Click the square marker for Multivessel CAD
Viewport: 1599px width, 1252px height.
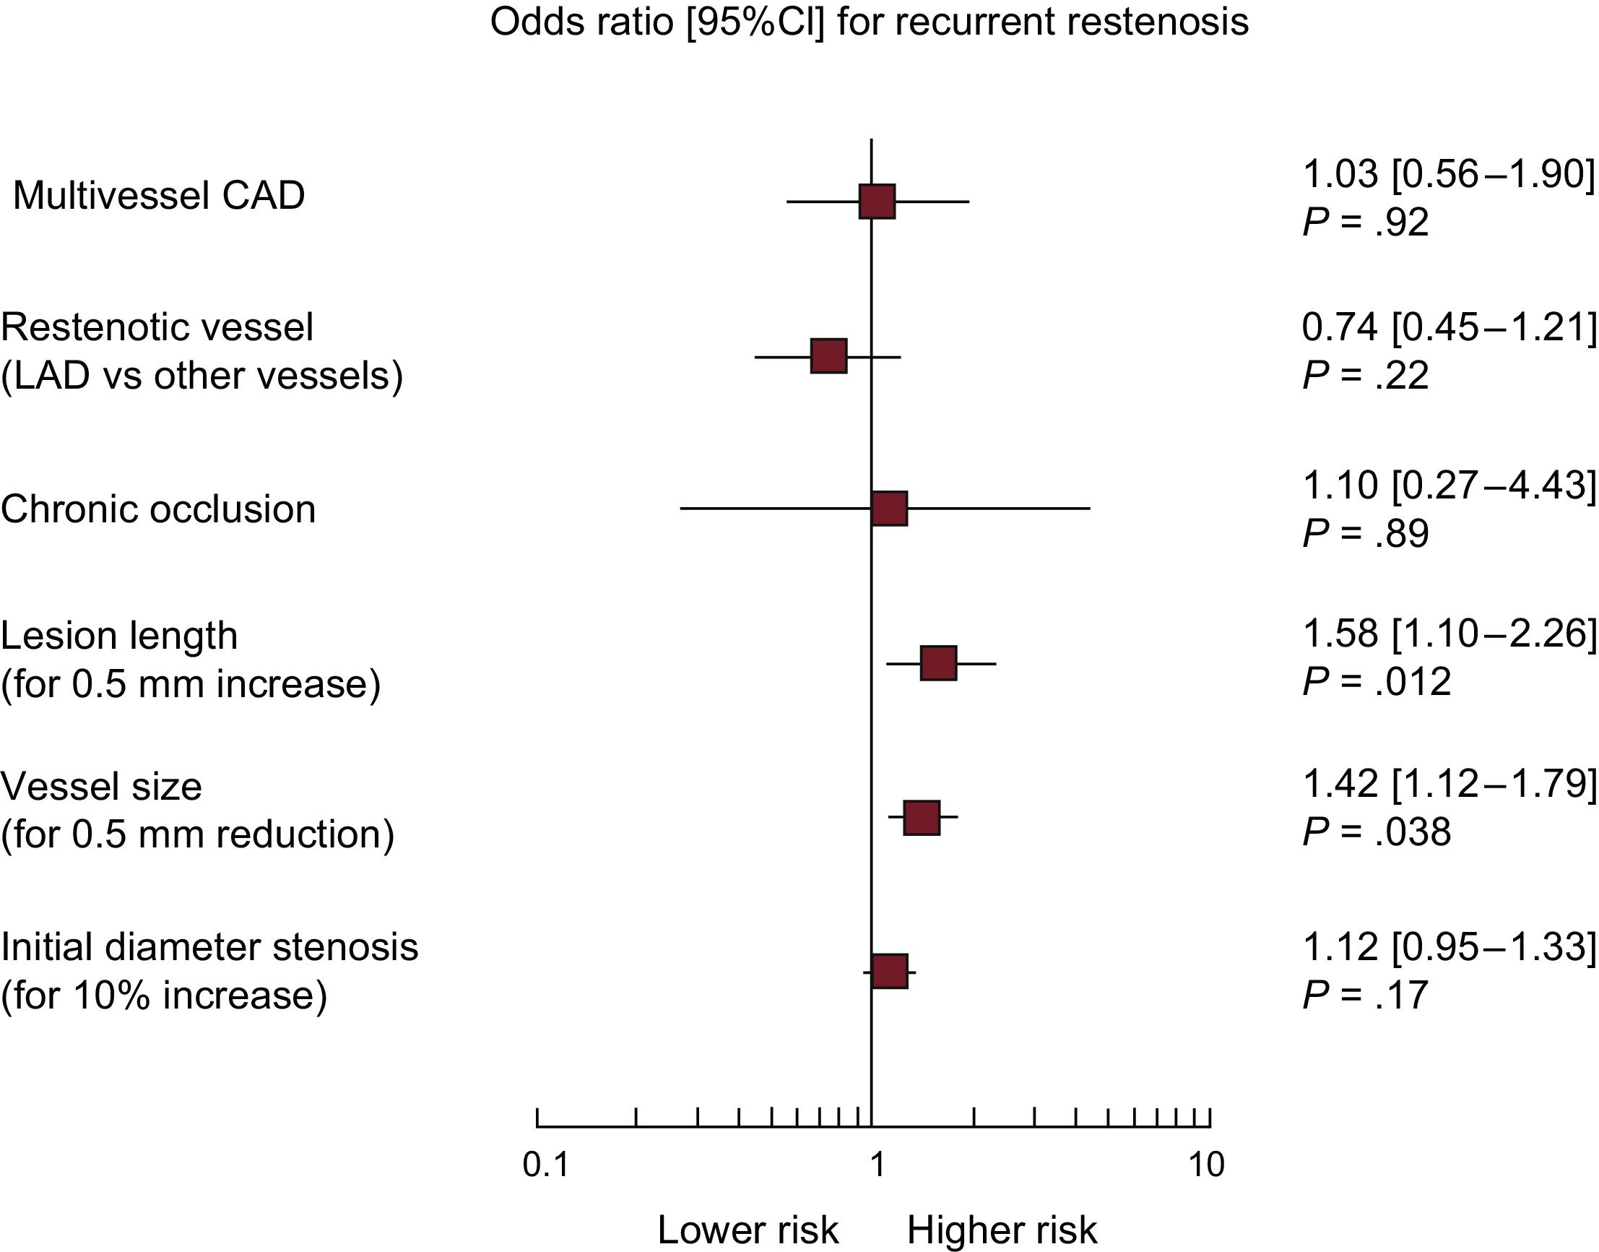pyautogui.click(x=877, y=202)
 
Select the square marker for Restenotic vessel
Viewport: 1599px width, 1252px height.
pyautogui.click(x=828, y=356)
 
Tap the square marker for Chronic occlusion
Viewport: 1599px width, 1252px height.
pyautogui.click(x=889, y=509)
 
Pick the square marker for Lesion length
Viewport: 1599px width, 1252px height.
pyautogui.click(x=938, y=663)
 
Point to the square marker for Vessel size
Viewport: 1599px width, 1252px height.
pyautogui.click(x=921, y=818)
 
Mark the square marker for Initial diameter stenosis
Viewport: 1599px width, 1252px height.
pyautogui.click(x=889, y=971)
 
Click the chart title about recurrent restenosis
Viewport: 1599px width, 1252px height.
pyautogui.click(x=869, y=21)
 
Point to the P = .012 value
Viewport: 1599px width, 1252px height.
pyautogui.click(x=1377, y=682)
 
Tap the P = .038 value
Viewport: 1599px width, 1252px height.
pyautogui.click(x=1377, y=832)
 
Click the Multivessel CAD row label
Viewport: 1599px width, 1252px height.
pyautogui.click(x=159, y=196)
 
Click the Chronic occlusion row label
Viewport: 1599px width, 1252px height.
pyautogui.click(x=158, y=509)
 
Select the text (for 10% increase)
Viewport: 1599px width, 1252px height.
pyautogui.click(x=164, y=995)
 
